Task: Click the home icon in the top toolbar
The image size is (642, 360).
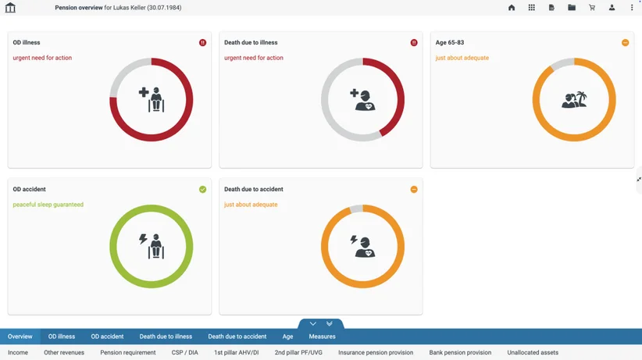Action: click(512, 7)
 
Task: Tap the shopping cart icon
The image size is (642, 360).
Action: click(592, 7)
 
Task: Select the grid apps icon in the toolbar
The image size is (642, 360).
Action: click(531, 7)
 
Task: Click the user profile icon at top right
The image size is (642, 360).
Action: click(612, 7)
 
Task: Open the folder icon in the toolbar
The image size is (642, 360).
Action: click(572, 7)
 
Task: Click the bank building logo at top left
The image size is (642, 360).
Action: click(10, 7)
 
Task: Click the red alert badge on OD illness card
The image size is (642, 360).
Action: click(202, 43)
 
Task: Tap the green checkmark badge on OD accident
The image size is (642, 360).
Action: click(202, 189)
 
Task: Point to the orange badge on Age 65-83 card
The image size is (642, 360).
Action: click(626, 43)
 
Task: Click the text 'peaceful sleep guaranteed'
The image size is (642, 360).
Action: click(48, 205)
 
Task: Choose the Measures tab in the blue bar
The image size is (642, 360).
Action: click(323, 337)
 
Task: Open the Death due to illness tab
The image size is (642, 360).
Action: click(166, 337)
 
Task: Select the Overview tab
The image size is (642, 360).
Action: click(20, 337)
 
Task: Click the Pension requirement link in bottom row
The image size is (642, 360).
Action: click(128, 352)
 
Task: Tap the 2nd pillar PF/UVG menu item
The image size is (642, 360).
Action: click(298, 352)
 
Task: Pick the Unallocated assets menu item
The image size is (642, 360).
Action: click(533, 352)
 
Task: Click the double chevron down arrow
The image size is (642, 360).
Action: click(329, 323)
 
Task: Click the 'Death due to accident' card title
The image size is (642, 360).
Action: click(254, 189)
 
